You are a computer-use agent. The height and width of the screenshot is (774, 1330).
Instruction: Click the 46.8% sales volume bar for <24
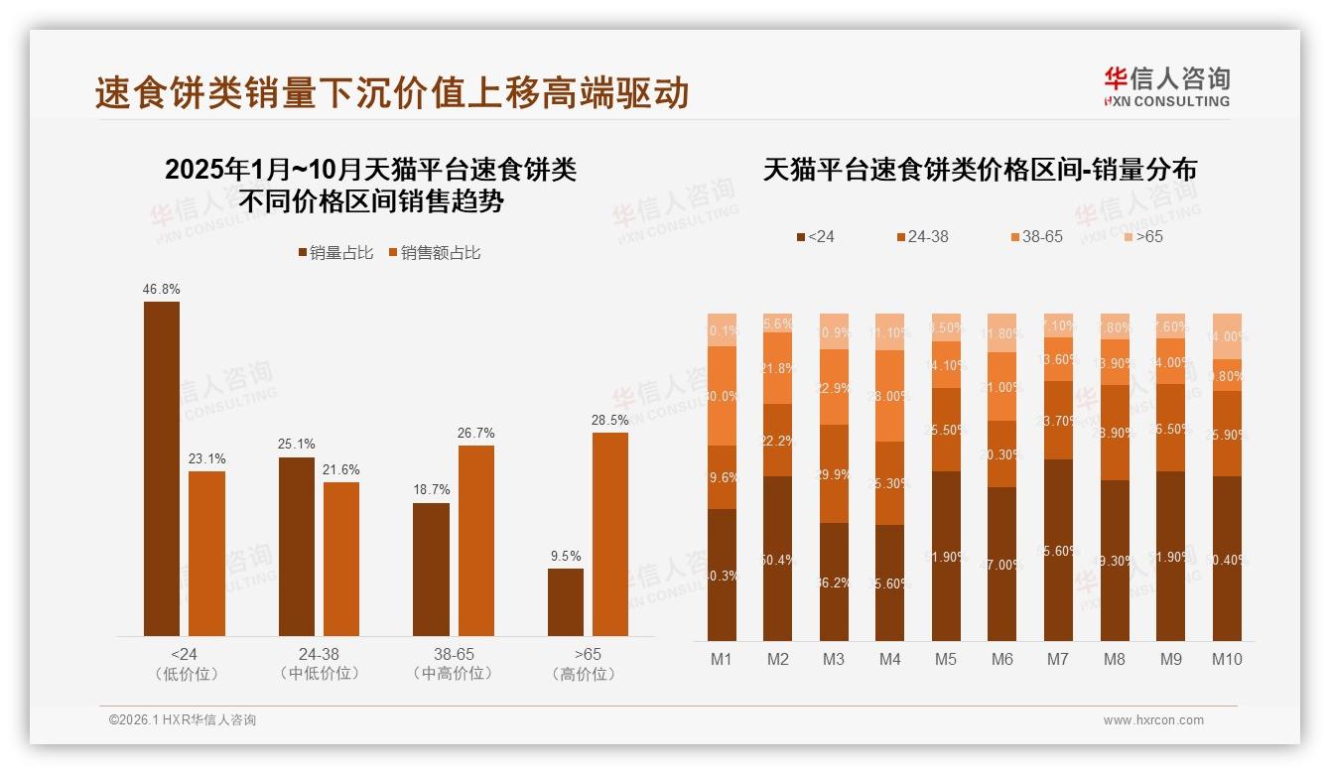tap(162, 468)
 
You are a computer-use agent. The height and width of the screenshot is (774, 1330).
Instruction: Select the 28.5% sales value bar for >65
tap(610, 534)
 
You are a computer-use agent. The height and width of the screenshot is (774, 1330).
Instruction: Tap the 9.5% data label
tap(566, 556)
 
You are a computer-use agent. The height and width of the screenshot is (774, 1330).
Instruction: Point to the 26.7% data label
tap(476, 433)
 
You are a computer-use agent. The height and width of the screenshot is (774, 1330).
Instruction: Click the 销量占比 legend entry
tap(335, 253)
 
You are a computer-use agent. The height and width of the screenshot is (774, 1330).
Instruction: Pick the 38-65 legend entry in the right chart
tap(1036, 237)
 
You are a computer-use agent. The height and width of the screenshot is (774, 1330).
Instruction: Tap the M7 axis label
tap(1057, 660)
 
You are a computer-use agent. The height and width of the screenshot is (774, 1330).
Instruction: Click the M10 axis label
tap(1227, 660)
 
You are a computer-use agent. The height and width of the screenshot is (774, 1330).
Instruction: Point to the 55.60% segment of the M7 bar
tap(1058, 550)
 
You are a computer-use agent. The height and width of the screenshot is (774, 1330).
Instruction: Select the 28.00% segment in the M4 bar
tap(890, 396)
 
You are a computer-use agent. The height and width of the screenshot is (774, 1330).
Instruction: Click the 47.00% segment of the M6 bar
tap(1001, 564)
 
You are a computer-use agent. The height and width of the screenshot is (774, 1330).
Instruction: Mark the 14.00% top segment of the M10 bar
tap(1227, 336)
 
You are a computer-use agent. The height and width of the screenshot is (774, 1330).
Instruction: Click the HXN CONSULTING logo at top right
tap(1166, 86)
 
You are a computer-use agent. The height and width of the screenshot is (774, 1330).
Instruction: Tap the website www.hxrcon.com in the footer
tap(1153, 720)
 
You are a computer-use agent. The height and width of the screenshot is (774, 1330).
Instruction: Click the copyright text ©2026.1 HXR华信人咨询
tap(182, 720)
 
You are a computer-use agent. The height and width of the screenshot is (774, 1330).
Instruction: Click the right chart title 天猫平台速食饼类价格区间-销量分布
tap(980, 170)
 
